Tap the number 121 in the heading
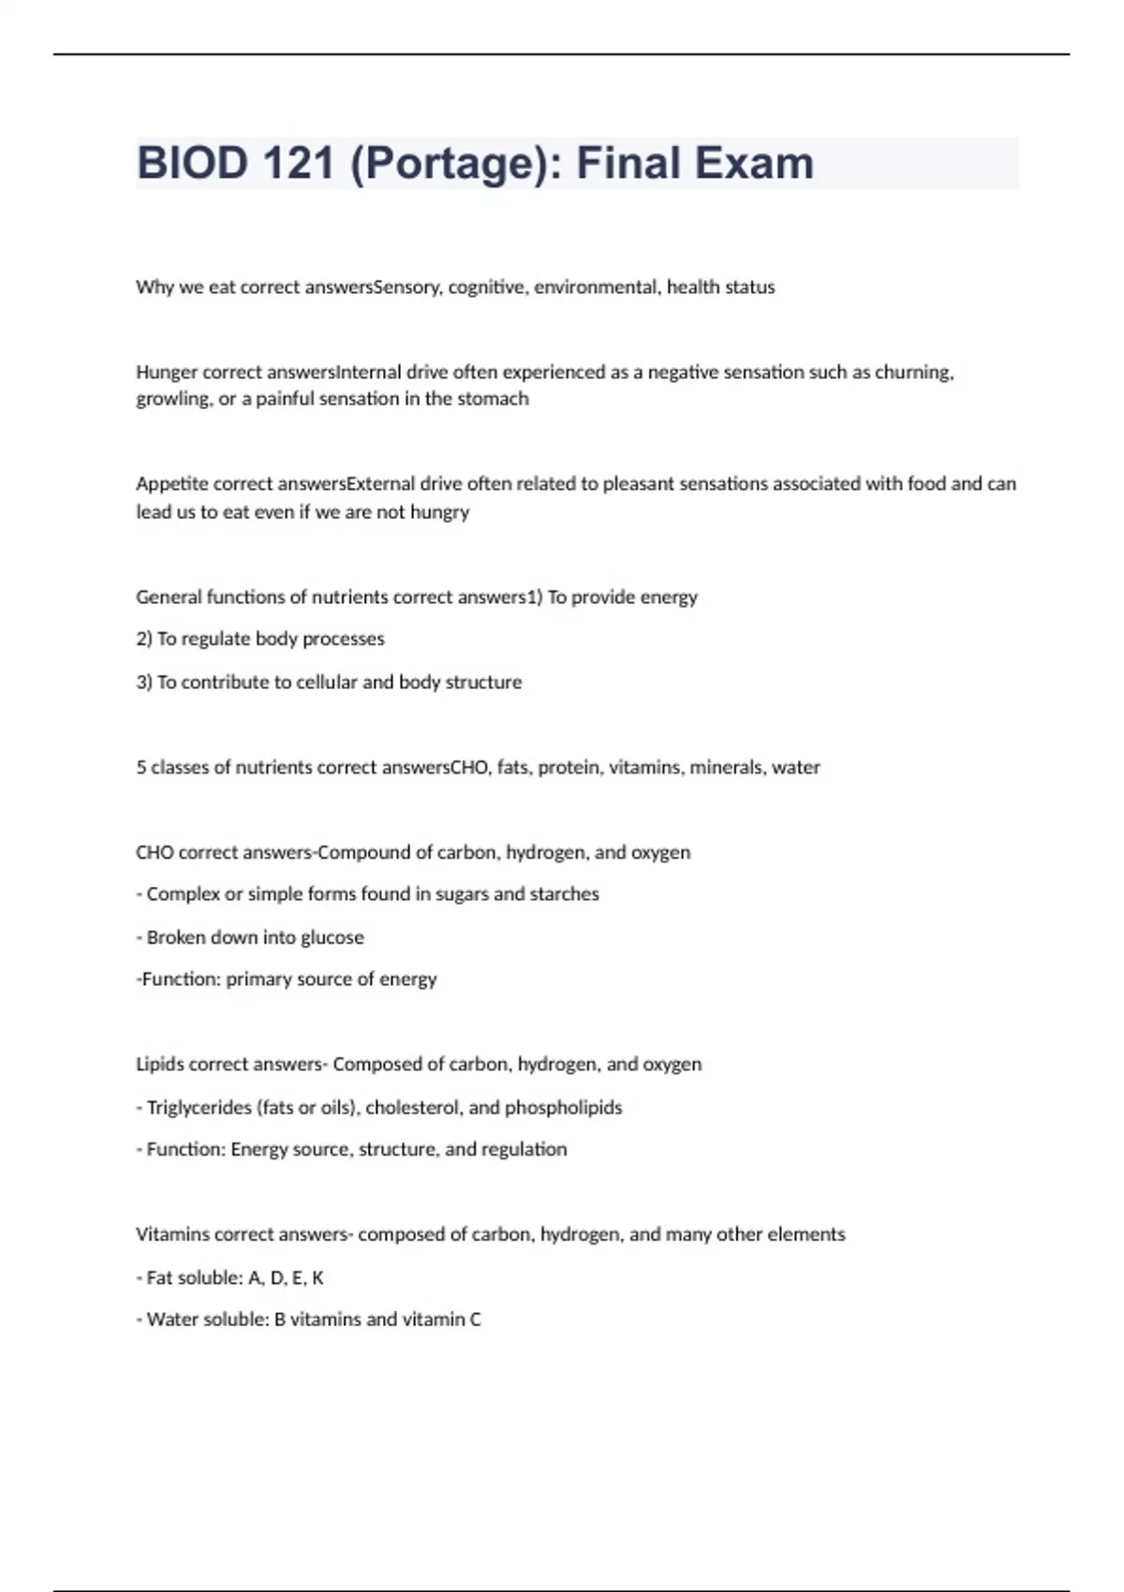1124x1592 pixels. tap(297, 164)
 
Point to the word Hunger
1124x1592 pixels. tap(166, 373)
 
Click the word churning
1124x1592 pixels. tap(913, 373)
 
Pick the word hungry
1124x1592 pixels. tap(440, 512)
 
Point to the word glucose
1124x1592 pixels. tap(333, 937)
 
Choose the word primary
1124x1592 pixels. tap(258, 980)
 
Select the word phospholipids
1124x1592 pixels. tap(563, 1108)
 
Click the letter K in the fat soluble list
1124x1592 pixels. tap(318, 1278)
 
